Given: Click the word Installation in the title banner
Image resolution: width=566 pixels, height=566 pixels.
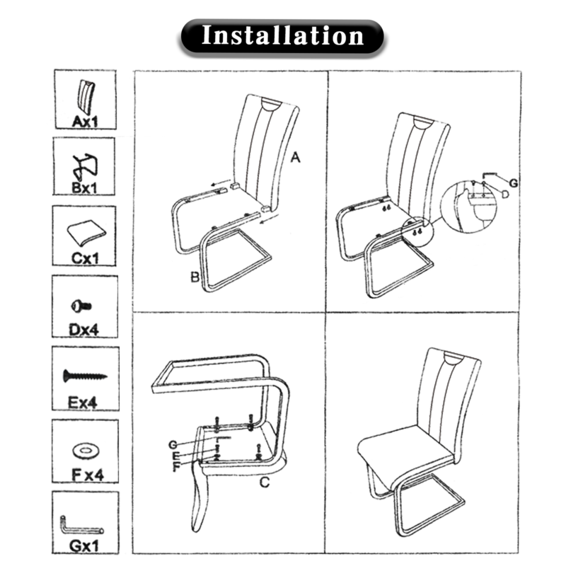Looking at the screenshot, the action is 282,35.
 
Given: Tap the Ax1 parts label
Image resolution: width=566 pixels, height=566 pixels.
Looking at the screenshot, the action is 85,121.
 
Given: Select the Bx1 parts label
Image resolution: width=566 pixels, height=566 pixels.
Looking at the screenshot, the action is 84,187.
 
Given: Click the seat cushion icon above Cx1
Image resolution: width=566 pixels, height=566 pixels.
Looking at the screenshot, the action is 86,232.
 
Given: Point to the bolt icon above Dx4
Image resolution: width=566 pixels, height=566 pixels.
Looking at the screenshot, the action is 81,306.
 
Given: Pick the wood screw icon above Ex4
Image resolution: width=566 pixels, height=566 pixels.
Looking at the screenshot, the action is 85,376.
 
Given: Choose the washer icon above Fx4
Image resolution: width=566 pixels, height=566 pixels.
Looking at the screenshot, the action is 86,450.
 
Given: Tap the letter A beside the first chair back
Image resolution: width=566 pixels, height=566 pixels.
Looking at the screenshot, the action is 295,157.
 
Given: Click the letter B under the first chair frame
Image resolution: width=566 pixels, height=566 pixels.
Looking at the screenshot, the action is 195,277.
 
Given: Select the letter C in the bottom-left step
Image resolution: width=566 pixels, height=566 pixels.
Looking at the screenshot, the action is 264,482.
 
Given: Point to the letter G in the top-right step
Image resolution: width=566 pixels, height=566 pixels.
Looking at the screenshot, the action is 514,183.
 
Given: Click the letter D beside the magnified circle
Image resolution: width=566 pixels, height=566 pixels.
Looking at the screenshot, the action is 505,194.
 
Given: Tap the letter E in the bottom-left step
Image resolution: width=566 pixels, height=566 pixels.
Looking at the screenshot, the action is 175,456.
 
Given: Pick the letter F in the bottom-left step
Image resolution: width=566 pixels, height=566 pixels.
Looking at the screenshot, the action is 176,467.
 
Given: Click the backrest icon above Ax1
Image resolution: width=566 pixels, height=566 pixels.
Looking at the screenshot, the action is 86,97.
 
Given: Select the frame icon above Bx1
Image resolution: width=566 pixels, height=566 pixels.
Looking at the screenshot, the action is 85,167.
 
